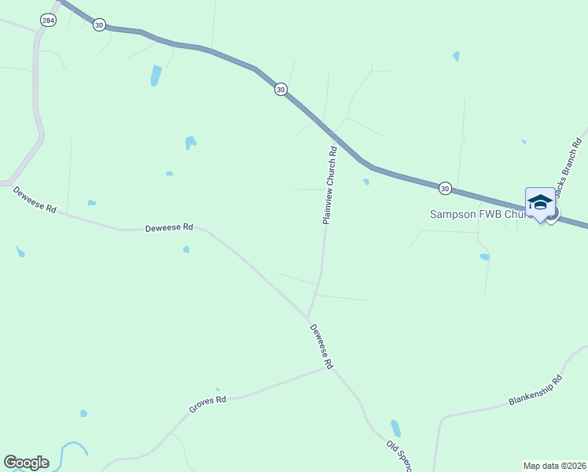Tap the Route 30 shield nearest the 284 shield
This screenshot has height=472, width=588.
tap(98, 25)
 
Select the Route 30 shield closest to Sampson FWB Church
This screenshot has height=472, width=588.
tap(445, 188)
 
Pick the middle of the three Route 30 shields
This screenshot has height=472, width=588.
tap(281, 90)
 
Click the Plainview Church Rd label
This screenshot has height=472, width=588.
tap(330, 186)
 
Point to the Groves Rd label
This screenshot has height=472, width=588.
tap(208, 404)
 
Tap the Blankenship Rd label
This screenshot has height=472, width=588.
tap(536, 391)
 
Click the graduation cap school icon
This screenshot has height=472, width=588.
tap(539, 203)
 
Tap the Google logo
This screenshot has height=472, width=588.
tap(26, 463)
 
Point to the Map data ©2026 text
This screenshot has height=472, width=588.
tap(554, 466)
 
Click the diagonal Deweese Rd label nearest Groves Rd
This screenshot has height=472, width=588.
tap(321, 347)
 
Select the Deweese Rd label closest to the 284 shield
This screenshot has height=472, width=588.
tap(35, 199)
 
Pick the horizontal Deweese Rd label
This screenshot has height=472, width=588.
tap(169, 228)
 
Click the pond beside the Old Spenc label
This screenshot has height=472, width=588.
tap(395, 429)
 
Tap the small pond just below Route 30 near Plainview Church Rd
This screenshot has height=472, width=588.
tap(366, 182)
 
